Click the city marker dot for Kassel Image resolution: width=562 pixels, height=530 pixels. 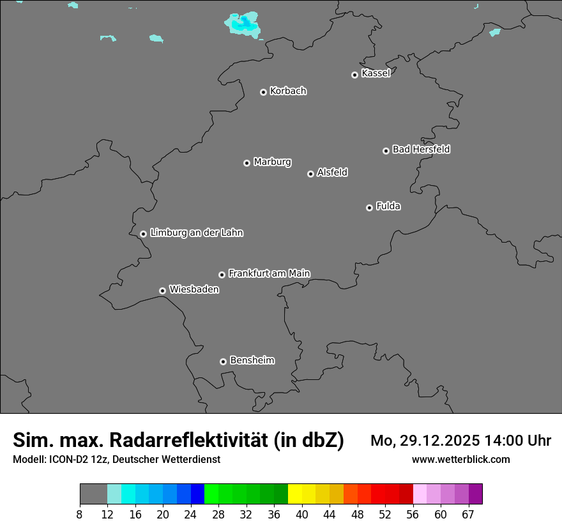tap(354, 75)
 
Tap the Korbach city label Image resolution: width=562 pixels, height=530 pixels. tap(288, 91)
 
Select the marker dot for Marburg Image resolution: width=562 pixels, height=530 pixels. tap(247, 163)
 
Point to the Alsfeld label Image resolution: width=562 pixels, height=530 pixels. tap(332, 172)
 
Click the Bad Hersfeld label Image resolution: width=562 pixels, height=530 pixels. tap(421, 149)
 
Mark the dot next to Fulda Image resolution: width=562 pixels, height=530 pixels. tap(369, 208)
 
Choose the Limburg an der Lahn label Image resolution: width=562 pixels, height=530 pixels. tap(196, 232)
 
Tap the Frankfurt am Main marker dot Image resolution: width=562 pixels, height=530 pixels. tap(222, 275)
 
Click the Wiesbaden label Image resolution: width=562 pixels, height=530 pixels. tap(194, 289)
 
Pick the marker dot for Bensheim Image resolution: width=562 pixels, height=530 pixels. tap(223, 361)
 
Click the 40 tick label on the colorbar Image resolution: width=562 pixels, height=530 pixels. tap(301, 515)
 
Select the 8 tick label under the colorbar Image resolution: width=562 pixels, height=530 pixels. tap(80, 515)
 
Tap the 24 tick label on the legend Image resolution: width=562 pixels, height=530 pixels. tap(190, 515)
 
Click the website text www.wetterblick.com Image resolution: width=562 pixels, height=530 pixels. tap(461, 459)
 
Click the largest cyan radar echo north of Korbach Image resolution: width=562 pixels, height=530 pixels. tap(243, 24)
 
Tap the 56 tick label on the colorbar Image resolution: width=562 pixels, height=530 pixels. tap(413, 515)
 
